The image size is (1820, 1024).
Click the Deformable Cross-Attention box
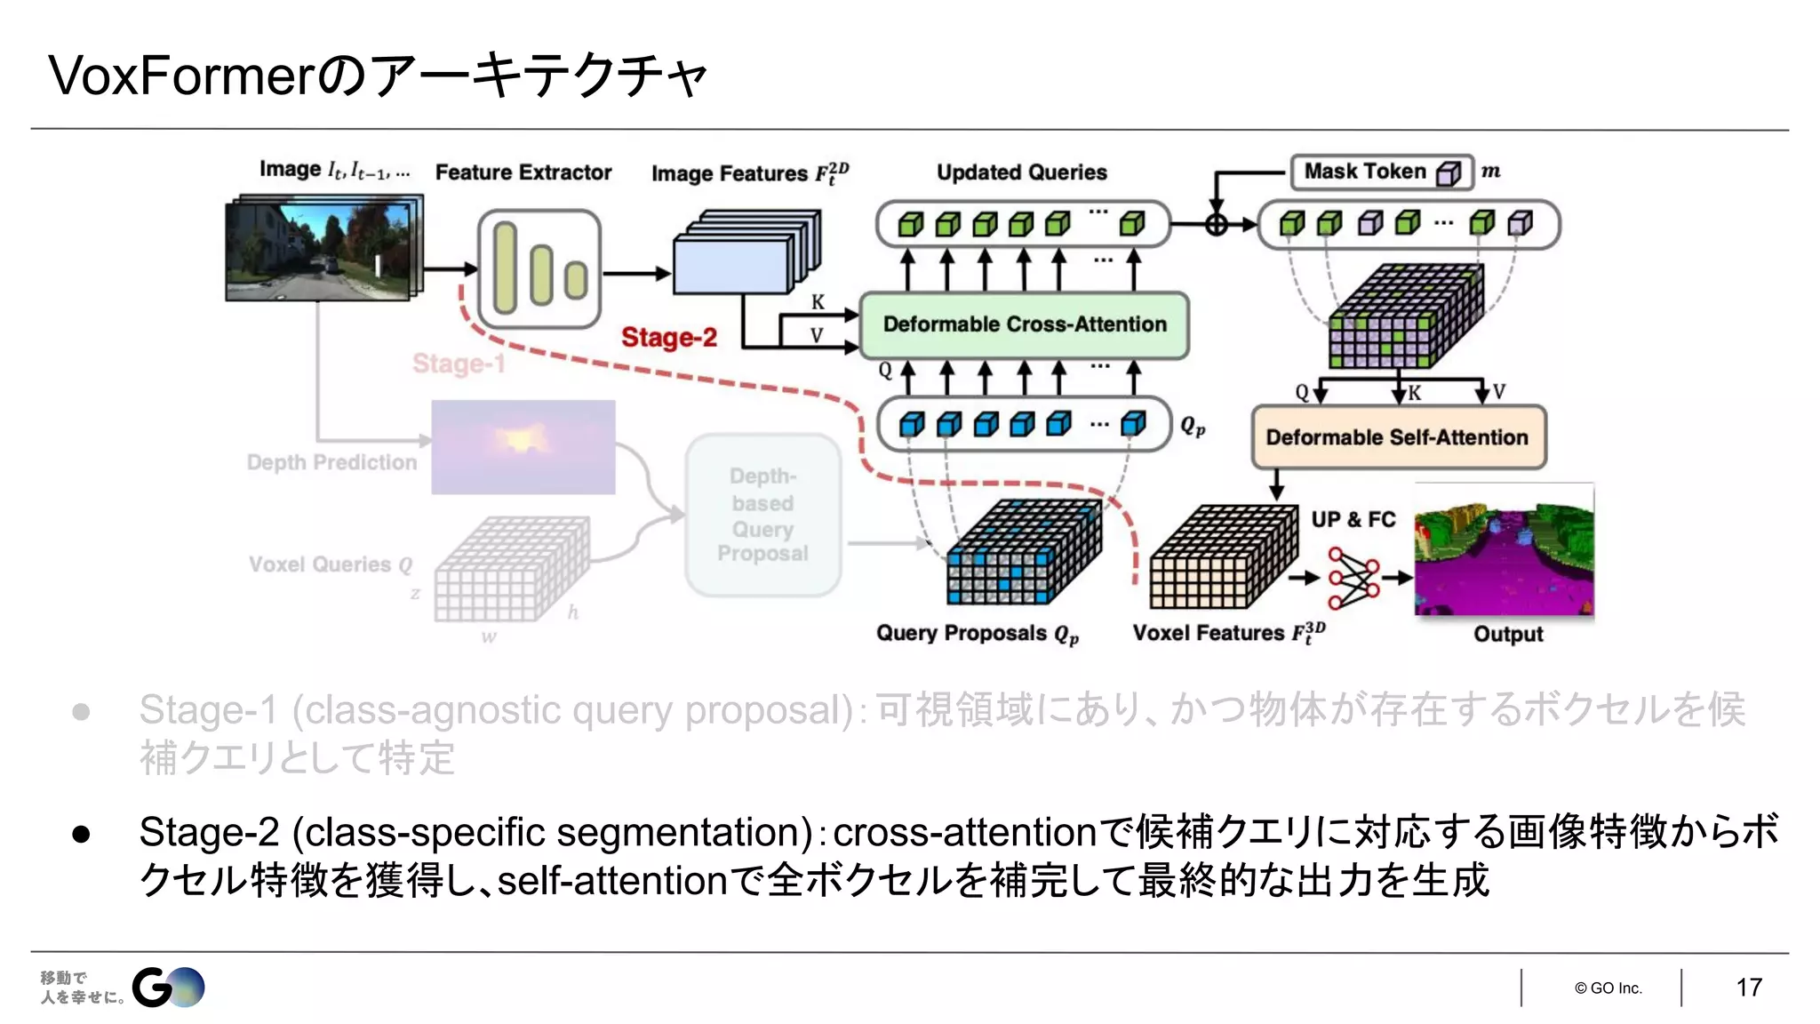(x=1024, y=324)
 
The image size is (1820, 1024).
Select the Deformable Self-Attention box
(x=1398, y=437)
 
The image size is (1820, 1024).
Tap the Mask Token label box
(x=1381, y=172)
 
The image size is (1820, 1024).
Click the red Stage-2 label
(x=668, y=338)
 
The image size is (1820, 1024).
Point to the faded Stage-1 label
(x=459, y=364)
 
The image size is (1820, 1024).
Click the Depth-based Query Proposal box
(x=762, y=515)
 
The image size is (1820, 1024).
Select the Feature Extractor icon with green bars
(x=539, y=268)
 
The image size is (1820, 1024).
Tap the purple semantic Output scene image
(x=1504, y=551)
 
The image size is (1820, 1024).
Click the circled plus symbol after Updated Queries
(x=1217, y=224)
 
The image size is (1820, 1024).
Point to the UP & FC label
(x=1353, y=519)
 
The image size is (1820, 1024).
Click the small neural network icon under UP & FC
(x=1353, y=578)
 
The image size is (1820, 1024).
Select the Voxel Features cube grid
(x=1222, y=558)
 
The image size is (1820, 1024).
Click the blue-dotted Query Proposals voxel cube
(x=1022, y=554)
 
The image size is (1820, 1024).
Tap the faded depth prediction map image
(x=523, y=447)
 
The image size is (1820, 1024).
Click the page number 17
(x=1748, y=988)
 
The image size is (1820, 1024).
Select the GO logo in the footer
(x=168, y=988)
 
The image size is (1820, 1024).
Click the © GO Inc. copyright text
(x=1608, y=988)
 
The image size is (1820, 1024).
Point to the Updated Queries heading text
(x=1021, y=172)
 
